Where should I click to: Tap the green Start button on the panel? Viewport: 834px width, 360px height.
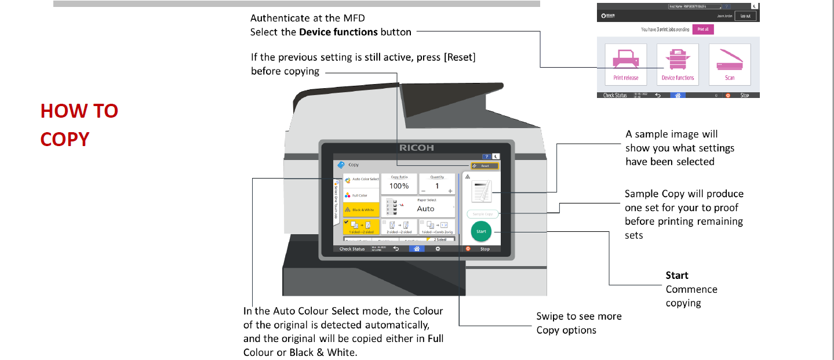coord(480,231)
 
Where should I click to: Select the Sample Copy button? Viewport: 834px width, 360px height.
coord(482,214)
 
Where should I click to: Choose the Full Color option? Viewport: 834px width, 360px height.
coord(360,195)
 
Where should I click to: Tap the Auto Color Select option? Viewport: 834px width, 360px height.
coord(361,179)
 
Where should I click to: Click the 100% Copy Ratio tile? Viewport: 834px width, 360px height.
coord(399,184)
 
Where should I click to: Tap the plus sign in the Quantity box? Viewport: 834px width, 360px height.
coord(450,190)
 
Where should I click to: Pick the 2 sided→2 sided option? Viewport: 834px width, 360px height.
coord(399,227)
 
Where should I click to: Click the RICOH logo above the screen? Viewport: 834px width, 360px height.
coord(417,148)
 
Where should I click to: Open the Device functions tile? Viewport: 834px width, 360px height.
coord(678,64)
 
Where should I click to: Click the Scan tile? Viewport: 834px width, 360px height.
coord(729,64)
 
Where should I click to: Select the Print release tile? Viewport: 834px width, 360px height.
coord(625,64)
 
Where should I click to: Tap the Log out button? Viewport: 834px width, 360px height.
coord(745,16)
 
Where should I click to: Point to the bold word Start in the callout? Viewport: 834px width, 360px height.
coord(677,275)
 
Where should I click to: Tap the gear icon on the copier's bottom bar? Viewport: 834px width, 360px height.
coord(438,249)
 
